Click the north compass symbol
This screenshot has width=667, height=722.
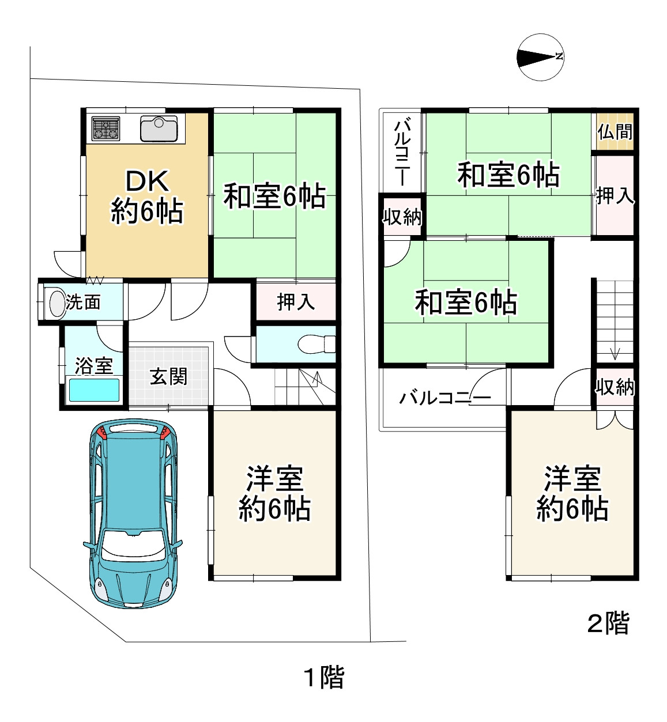(540, 57)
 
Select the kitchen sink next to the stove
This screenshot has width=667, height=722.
(159, 128)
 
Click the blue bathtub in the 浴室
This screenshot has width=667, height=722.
(95, 390)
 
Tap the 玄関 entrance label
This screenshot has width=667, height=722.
(169, 376)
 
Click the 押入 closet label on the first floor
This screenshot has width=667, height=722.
(296, 301)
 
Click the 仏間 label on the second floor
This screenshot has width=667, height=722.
(615, 132)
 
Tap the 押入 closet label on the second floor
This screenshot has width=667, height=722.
(615, 196)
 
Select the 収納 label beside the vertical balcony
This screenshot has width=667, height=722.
(402, 217)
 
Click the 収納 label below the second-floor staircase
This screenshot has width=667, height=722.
(615, 387)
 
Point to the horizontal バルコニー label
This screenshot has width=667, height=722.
(445, 398)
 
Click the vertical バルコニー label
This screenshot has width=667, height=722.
(402, 151)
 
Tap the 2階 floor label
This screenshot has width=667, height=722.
(608, 623)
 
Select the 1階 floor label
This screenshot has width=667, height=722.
(324, 677)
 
